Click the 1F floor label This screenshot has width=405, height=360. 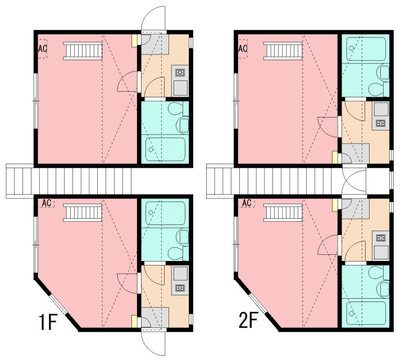coord(48,322)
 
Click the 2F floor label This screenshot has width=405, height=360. coord(248,320)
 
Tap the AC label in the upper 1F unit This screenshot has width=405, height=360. coord(43,48)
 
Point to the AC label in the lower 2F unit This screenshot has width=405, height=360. coord(247,203)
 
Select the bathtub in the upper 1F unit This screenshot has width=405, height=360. coord(165,149)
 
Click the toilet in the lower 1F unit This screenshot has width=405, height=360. coord(178,253)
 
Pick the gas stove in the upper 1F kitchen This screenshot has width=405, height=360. coord(180,73)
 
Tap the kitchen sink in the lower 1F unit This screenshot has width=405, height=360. coord(180,273)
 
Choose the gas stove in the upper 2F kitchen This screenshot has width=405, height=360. coord(380,123)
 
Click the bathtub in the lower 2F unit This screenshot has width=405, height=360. coord(366,313)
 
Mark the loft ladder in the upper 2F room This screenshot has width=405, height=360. coord(283,51)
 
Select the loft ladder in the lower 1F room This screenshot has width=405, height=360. coord(83,213)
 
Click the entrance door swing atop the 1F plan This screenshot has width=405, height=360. coord(153,18)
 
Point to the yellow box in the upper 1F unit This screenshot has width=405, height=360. coord(134,41)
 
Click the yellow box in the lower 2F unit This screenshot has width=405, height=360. coord(335,205)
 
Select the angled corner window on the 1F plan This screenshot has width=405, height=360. coord(58,304)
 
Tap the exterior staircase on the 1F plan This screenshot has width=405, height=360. coord(69,181)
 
